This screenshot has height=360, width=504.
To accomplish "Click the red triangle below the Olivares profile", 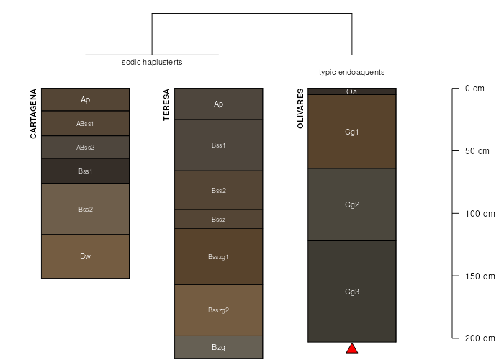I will click(x=352, y=348).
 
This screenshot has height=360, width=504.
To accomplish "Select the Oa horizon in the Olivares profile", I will click(x=352, y=91).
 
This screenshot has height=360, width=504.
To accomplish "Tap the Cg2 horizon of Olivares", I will click(x=352, y=204).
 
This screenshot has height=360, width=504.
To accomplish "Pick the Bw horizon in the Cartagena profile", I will click(x=85, y=256).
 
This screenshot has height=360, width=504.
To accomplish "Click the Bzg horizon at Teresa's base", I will click(x=218, y=347).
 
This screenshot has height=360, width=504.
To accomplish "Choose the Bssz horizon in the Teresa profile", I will click(x=218, y=219).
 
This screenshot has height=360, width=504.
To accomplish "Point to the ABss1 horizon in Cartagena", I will click(x=85, y=123).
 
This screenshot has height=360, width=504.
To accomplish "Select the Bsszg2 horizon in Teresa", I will click(x=218, y=310).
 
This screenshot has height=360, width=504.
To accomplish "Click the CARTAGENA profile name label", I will click(x=34, y=114).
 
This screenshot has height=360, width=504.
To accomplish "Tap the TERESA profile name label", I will click(x=167, y=104).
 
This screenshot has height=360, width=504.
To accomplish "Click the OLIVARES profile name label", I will click(x=300, y=109).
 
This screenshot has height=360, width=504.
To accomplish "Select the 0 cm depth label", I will click(x=474, y=89).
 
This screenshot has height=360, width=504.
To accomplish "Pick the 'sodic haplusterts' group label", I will click(x=152, y=62).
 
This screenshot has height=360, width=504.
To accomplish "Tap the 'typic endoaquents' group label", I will click(x=352, y=72).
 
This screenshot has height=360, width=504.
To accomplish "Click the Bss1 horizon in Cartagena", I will click(x=85, y=171).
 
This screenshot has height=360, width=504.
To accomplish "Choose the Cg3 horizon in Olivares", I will click(x=352, y=292).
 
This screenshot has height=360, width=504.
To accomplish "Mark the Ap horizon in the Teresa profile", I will click(x=218, y=104).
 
